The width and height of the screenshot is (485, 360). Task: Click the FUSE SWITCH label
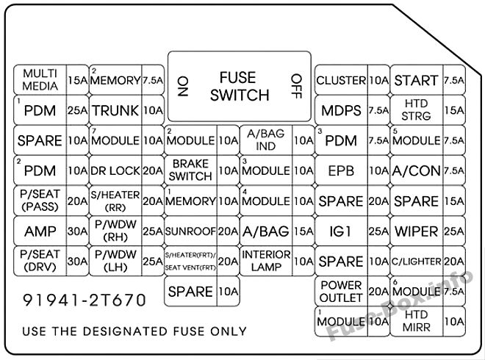click(x=240, y=86)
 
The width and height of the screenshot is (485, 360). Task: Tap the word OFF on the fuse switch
click(x=296, y=86)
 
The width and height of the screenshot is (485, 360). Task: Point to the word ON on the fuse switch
click(x=183, y=87)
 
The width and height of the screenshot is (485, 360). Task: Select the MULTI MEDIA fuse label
click(x=40, y=80)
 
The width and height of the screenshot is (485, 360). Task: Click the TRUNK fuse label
click(x=115, y=110)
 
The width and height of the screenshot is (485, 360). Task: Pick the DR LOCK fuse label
click(x=115, y=170)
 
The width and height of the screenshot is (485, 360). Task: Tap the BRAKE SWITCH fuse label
click(x=190, y=170)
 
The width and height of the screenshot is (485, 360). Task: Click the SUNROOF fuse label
click(x=190, y=231)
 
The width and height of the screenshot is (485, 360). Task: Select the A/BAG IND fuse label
click(x=266, y=140)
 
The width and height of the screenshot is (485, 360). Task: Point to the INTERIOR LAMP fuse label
click(x=266, y=261)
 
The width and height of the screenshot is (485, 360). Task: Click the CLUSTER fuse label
click(x=341, y=80)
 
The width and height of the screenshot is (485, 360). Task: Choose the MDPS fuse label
click(x=341, y=110)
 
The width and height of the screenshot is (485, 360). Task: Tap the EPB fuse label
click(x=341, y=170)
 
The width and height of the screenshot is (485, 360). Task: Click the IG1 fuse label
click(x=340, y=231)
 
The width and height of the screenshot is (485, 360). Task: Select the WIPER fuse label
click(x=417, y=231)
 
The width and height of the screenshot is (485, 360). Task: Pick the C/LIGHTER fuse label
click(x=417, y=262)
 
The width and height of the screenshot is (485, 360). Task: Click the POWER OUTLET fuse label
click(x=341, y=292)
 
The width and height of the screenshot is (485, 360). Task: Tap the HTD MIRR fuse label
click(x=417, y=321)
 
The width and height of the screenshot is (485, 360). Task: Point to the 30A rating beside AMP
click(x=77, y=231)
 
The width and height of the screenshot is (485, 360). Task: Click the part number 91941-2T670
click(x=84, y=300)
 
